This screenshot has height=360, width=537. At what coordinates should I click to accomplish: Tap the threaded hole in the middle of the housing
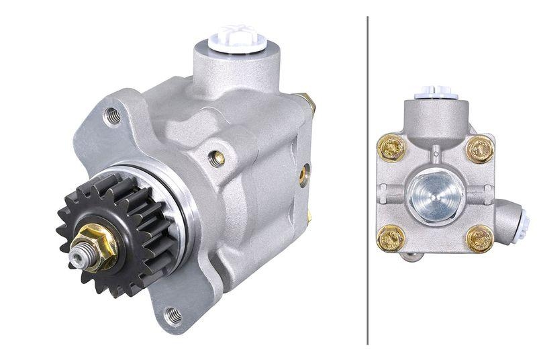tap(217, 158)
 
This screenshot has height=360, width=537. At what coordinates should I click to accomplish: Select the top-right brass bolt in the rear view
tap(479, 150)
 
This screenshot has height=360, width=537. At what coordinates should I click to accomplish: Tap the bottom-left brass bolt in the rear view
tap(391, 238)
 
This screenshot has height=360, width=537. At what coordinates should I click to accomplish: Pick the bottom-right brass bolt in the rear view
tap(479, 238)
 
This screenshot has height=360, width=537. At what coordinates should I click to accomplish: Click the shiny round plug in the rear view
tap(434, 195)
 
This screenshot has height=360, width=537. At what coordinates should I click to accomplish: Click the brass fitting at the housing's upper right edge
tap(309, 102)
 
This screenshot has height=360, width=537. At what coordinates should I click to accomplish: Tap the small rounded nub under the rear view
tap(412, 256)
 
